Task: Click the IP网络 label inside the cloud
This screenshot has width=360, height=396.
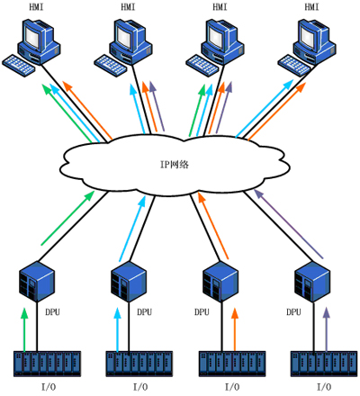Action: click(175, 165)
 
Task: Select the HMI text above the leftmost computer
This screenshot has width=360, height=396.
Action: click(36, 7)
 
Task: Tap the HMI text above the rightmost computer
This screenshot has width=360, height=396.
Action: click(311, 7)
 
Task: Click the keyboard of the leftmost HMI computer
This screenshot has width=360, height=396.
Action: click(19, 65)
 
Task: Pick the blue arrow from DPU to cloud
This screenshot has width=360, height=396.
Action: click(132, 229)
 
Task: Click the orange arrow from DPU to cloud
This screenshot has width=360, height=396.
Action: click(212, 226)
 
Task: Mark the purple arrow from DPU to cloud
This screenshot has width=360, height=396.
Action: click(288, 223)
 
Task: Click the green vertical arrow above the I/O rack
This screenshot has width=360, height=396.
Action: click(24, 329)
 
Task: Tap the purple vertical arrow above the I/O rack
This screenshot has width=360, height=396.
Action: click(327, 329)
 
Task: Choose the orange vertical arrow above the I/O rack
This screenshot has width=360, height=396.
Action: click(235, 329)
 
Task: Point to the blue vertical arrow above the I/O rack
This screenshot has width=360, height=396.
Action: click(117, 329)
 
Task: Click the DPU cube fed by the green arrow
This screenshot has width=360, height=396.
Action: click(37, 282)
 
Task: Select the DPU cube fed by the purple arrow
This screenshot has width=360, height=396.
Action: click(312, 282)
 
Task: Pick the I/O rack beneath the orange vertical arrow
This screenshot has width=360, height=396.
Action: click(232, 364)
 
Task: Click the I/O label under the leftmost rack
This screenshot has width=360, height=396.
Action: click(49, 387)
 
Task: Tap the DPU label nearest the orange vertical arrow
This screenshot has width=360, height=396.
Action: click(202, 312)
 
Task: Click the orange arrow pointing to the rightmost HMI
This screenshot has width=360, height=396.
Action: click(276, 112)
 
